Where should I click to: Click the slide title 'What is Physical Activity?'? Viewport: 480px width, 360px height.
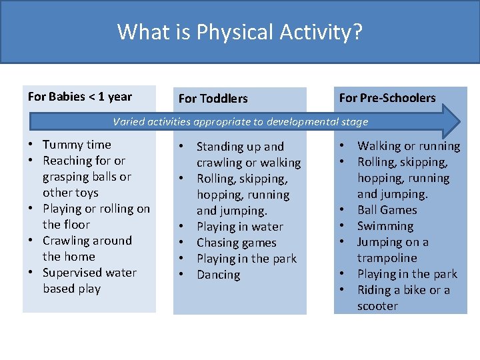(240, 32)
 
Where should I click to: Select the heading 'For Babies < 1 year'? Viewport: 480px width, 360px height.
(80, 97)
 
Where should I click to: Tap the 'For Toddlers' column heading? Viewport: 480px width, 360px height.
(213, 99)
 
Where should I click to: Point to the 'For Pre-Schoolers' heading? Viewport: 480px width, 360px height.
(387, 98)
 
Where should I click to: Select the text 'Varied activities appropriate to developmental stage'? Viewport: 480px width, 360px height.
(240, 121)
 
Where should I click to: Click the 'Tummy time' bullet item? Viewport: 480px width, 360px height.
(77, 145)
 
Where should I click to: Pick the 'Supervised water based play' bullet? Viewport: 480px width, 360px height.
(89, 281)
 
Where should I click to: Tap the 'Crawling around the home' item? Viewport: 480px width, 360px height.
(87, 249)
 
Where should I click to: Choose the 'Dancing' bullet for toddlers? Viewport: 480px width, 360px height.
(218, 275)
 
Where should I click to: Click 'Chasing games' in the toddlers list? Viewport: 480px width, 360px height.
(236, 243)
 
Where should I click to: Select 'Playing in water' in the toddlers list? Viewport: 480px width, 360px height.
(239, 227)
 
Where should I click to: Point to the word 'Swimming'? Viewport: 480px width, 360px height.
(385, 226)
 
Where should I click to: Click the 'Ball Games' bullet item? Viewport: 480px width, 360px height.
(387, 210)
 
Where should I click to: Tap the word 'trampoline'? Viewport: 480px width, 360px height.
(387, 258)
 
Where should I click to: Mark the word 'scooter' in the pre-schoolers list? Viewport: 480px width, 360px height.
(377, 306)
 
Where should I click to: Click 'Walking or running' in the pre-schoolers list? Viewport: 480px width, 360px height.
(408, 146)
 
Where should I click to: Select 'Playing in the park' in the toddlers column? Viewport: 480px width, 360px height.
(246, 259)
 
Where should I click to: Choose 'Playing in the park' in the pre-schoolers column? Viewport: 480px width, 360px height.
(407, 274)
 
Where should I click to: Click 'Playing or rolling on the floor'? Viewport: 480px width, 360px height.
(96, 217)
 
